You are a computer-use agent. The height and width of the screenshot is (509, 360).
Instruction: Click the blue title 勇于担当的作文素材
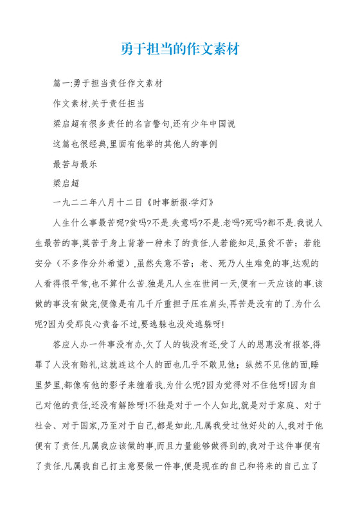pyautogui.click(x=180, y=49)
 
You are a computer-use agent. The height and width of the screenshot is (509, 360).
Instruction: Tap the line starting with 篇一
pyautogui.click(x=108, y=84)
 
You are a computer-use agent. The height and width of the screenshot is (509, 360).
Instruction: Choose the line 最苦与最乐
pyautogui.click(x=75, y=163)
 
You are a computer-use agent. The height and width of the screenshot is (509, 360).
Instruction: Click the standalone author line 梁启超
pyautogui.click(x=66, y=183)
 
